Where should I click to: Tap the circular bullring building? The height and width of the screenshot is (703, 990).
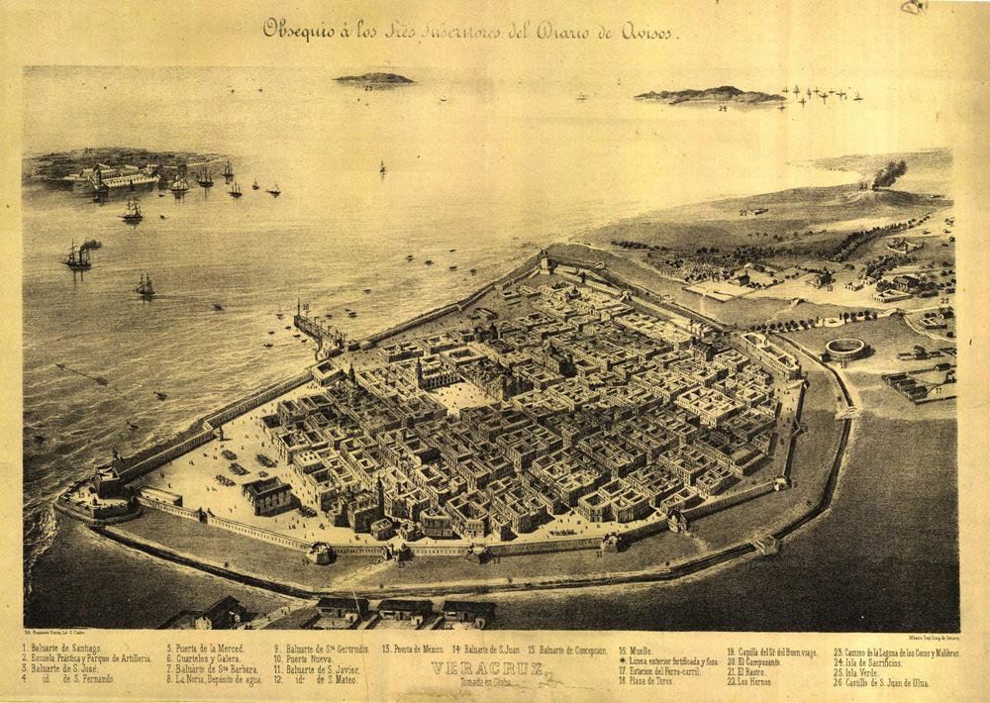point(844,349)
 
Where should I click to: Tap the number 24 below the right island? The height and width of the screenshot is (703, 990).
point(723,107)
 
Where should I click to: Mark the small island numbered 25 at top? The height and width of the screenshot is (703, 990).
point(373,78)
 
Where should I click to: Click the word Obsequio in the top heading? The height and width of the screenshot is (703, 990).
point(296,30)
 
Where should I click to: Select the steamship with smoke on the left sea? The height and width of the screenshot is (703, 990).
point(78,255)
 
